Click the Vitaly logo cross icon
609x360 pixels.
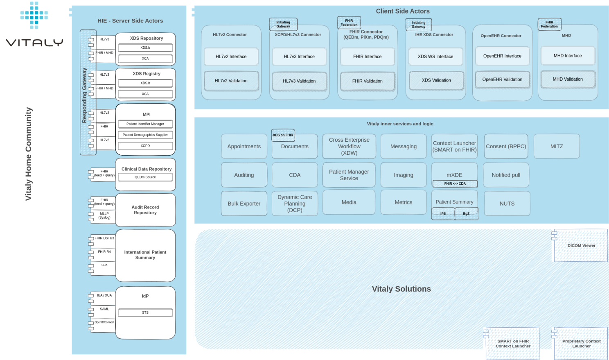click(x=34, y=15)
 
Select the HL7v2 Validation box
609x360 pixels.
click(x=231, y=81)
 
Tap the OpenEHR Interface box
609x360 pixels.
click(x=502, y=56)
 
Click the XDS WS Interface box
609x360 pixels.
click(x=435, y=57)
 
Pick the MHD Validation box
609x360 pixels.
click(x=568, y=79)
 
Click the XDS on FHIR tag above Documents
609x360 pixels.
click(x=283, y=135)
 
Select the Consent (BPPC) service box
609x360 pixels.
click(x=506, y=146)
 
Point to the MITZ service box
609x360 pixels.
click(x=557, y=146)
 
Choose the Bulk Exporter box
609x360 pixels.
click(x=244, y=204)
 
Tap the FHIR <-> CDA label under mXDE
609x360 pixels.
click(x=455, y=183)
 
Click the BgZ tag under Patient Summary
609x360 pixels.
click(x=466, y=213)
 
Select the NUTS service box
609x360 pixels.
click(x=507, y=204)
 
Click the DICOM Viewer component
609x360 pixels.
click(x=581, y=246)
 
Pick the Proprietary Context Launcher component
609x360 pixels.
click(x=581, y=344)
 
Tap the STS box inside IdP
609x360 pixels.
click(x=145, y=312)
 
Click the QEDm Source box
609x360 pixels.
click(x=145, y=177)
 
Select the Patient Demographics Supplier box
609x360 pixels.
click(x=145, y=135)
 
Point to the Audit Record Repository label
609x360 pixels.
click(x=145, y=210)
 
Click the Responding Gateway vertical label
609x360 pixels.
click(x=85, y=95)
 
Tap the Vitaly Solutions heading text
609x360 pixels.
click(x=401, y=289)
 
